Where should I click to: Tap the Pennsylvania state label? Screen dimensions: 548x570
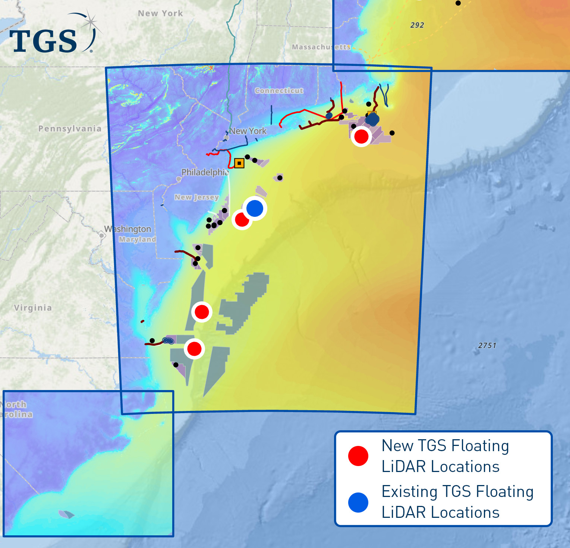pos(70,129)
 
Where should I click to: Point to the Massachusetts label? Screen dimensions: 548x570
pos(321,47)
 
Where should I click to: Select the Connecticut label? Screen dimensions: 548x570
pos(279,91)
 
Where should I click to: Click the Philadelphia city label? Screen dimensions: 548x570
pos(205,172)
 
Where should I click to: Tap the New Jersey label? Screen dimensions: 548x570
pos(196,197)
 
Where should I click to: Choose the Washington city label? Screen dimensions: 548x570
pos(128,229)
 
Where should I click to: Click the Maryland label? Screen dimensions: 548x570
pos(137,239)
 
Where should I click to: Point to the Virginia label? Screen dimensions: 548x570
pos(33,308)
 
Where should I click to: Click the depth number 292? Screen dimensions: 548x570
pos(417,25)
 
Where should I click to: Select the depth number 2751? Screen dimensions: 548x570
pos(487,345)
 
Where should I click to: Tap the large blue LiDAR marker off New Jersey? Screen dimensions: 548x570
pos(255,208)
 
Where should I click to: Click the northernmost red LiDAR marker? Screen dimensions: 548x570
pos(361,136)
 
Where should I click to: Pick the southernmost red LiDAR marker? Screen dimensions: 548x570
pos(194,349)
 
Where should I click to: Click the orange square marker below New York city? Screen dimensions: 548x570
pos(239,163)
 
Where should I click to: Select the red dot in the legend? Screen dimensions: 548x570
pos(358,456)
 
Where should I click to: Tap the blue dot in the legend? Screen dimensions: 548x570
pos(358,502)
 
